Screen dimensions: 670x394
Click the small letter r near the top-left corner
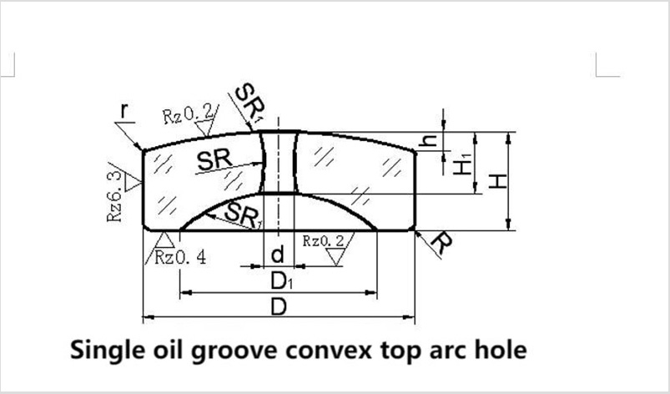[x=124, y=110]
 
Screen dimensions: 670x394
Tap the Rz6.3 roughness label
[x=114, y=196]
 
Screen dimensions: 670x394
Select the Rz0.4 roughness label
[x=180, y=257]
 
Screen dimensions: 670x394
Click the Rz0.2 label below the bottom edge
[x=323, y=241]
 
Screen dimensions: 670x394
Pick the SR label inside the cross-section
[x=214, y=159]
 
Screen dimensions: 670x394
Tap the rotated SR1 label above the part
[x=250, y=104]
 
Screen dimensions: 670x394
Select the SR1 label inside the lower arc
[x=242, y=215]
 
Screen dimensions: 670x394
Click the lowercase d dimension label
[x=277, y=255]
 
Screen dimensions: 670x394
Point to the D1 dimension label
[x=282, y=280]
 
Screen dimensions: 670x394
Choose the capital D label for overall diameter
[x=279, y=307]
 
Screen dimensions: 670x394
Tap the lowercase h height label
[x=428, y=140]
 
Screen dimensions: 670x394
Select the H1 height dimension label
[x=461, y=164]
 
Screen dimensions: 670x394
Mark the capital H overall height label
[x=497, y=181]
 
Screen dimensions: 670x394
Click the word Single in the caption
[x=105, y=350]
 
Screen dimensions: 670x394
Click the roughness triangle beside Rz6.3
[x=133, y=183]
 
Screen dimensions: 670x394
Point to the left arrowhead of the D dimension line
[x=148, y=317]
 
